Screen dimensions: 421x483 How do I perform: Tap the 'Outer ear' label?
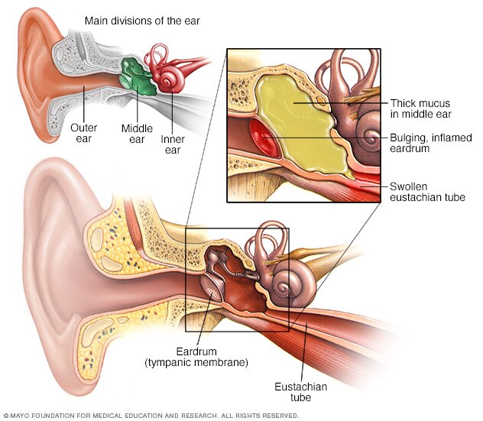83,133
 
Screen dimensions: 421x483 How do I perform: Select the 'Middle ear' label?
137,134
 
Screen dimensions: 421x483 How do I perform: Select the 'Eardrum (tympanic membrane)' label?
195,356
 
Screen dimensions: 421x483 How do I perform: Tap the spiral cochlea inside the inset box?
371,140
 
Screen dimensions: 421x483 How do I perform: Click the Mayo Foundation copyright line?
151,416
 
